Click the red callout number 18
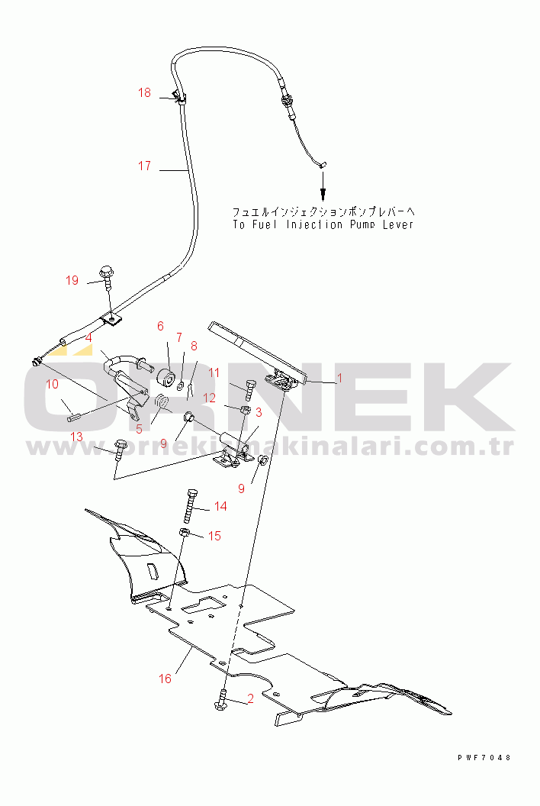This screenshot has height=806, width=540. click(x=144, y=92)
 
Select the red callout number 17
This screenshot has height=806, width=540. click(x=144, y=166)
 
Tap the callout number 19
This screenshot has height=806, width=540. click(x=72, y=280)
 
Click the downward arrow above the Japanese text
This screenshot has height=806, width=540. click(x=323, y=185)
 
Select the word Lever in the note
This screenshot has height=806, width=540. click(x=397, y=224)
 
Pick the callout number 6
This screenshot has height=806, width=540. click(x=160, y=326)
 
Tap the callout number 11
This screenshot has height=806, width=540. click(x=214, y=372)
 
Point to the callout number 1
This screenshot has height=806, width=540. click(x=339, y=379)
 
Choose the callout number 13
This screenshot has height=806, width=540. click(x=76, y=437)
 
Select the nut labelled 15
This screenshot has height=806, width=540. click(x=185, y=532)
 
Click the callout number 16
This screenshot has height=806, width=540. click(x=165, y=679)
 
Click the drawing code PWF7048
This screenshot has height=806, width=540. click(x=484, y=758)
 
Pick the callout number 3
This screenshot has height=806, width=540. click(x=259, y=412)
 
